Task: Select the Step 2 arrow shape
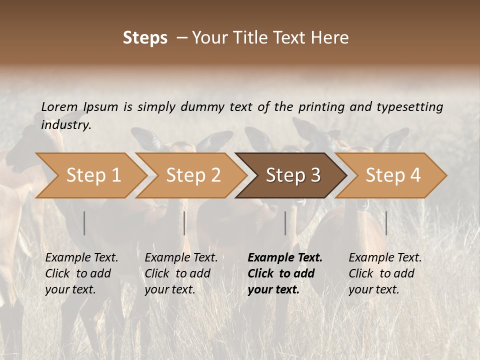click(x=193, y=175)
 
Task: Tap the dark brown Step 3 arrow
click(x=293, y=175)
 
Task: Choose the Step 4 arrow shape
click(x=393, y=175)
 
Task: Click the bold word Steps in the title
click(x=145, y=38)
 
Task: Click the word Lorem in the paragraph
click(x=59, y=106)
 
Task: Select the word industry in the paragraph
click(x=65, y=125)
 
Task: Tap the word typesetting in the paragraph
click(x=409, y=106)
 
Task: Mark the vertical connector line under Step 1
click(x=84, y=223)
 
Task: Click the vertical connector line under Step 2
click(x=184, y=223)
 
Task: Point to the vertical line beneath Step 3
click(x=285, y=223)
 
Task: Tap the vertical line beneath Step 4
click(x=386, y=223)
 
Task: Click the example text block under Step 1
click(x=81, y=273)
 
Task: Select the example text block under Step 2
click(x=181, y=273)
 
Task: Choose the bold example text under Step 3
click(x=285, y=273)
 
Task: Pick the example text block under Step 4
click(x=385, y=273)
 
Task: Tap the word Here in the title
click(x=331, y=38)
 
